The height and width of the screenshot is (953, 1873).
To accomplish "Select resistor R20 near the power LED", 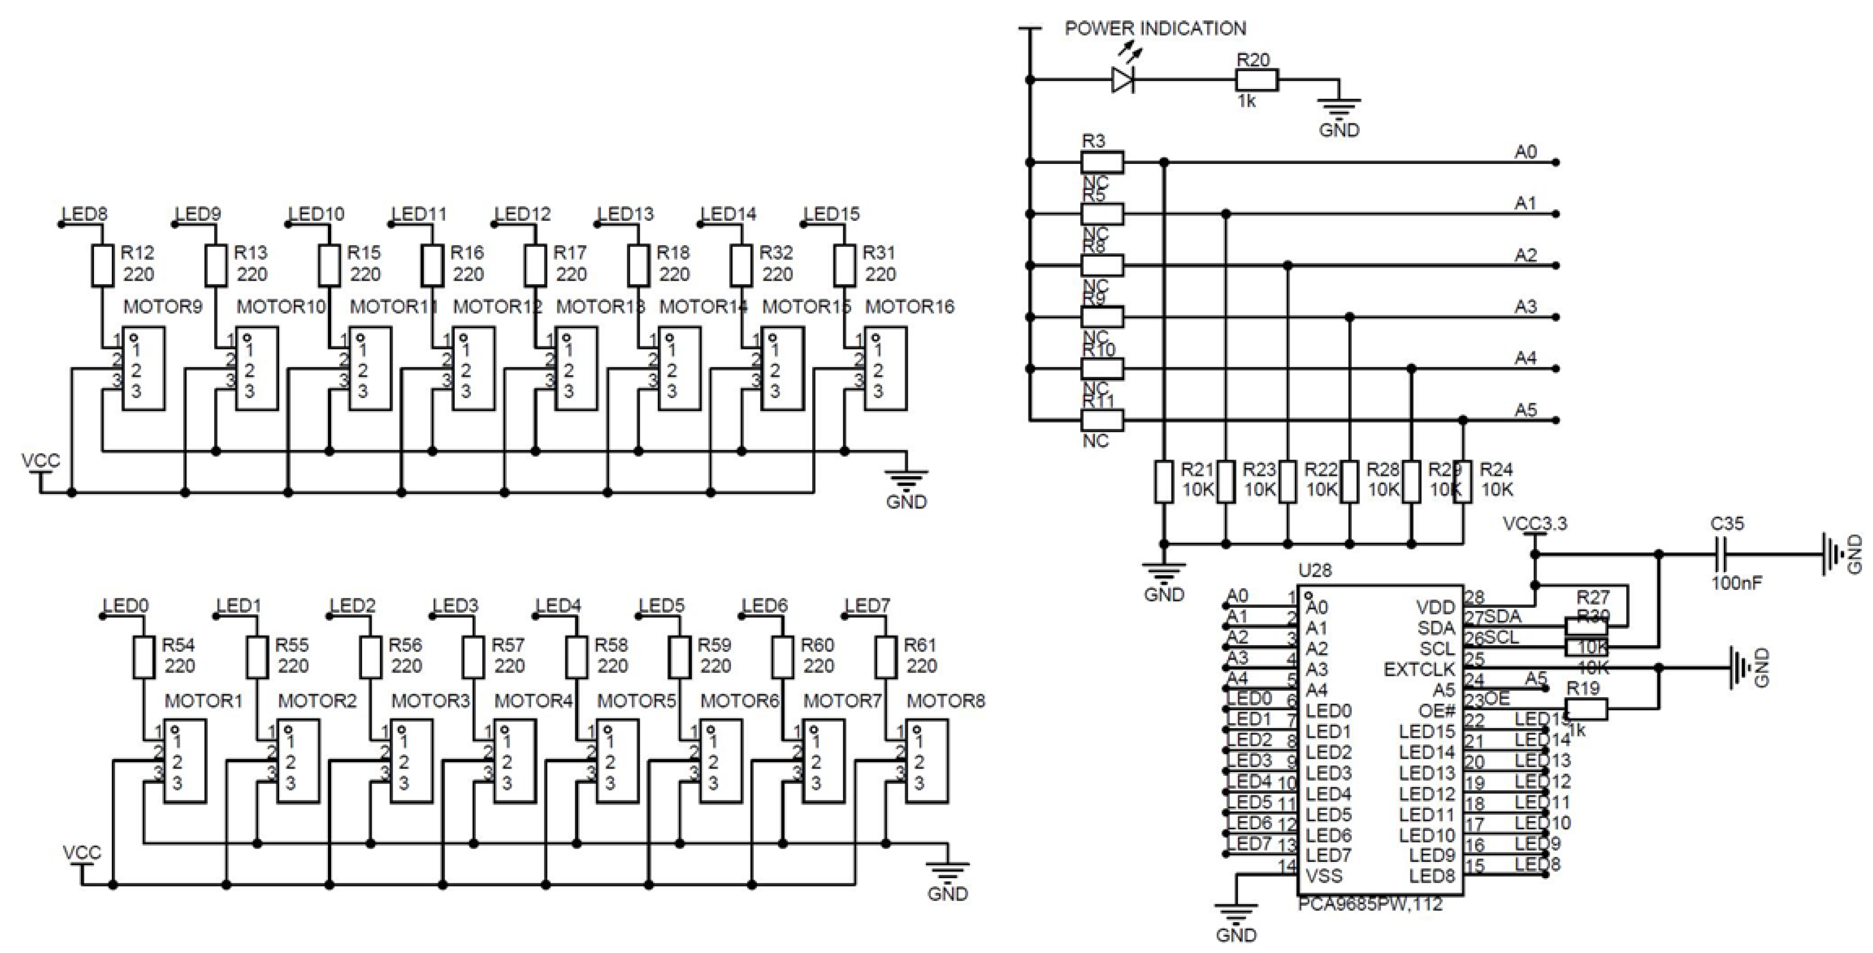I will [1257, 79].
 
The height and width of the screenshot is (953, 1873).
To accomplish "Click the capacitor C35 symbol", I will [1720, 554].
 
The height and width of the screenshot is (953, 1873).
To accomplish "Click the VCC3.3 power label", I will [1534, 524].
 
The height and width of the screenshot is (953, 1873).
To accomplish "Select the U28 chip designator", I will [1315, 570].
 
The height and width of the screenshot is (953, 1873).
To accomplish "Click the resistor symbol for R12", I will [103, 265].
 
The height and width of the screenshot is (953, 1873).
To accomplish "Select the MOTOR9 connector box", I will [143, 369].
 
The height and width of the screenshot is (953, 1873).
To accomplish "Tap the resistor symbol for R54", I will [144, 657].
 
